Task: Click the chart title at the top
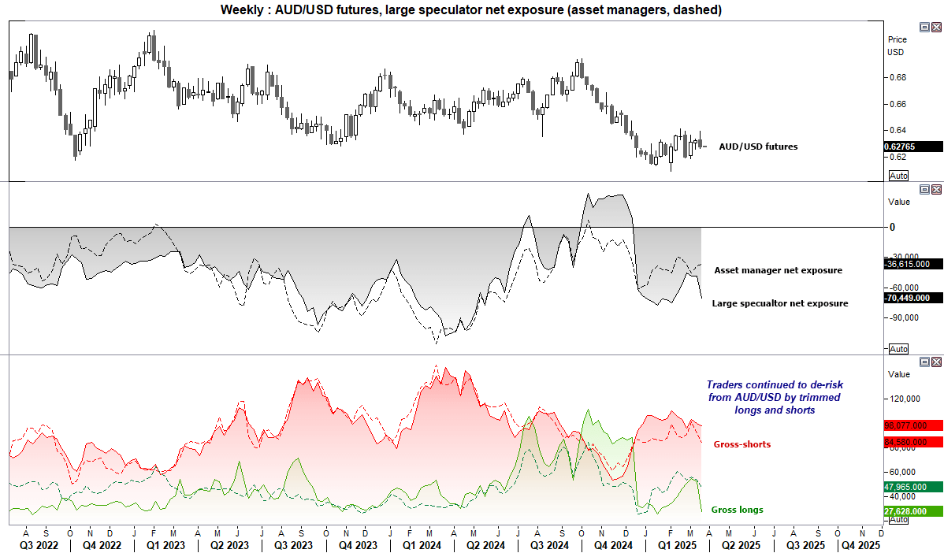click(471, 9)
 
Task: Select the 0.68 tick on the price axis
click(898, 77)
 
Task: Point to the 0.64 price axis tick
click(898, 130)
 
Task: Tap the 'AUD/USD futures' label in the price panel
click(757, 147)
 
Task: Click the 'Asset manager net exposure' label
click(778, 270)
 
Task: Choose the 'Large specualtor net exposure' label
click(779, 303)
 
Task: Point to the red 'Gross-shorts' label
click(741, 444)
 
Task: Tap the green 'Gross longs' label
click(737, 510)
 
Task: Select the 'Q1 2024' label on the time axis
click(417, 544)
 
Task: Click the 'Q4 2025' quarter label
click(860, 544)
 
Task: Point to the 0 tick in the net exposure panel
click(893, 228)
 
